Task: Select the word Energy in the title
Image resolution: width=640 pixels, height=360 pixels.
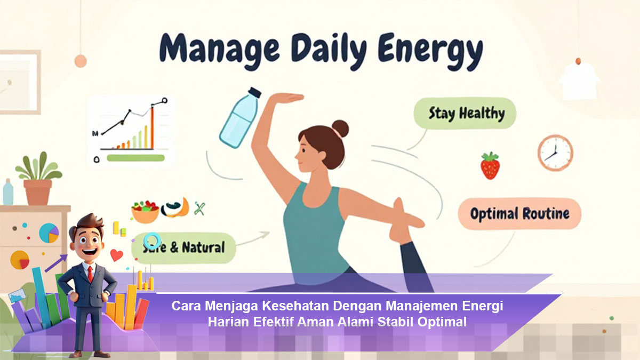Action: click(430, 51)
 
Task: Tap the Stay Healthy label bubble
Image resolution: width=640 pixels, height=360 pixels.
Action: click(465, 113)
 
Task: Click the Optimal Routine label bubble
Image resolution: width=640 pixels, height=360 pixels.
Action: click(519, 214)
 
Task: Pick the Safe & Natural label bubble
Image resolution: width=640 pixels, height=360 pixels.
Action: click(183, 247)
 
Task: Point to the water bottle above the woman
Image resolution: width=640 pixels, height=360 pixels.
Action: click(239, 117)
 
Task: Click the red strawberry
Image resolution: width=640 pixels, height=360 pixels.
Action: click(490, 166)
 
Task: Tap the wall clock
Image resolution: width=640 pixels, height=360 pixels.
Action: click(555, 153)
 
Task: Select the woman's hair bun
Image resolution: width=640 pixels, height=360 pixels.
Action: click(340, 129)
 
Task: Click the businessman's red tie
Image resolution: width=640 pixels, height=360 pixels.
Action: click(90, 274)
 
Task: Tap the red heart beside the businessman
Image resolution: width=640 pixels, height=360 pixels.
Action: click(117, 255)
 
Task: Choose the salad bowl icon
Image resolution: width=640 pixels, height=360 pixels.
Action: click(145, 211)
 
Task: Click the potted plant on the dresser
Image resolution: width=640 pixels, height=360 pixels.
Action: click(38, 178)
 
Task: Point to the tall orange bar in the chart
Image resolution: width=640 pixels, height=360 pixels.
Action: click(153, 127)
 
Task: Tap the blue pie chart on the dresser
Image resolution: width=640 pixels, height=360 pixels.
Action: click(49, 233)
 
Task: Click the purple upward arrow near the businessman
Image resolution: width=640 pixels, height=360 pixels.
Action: click(56, 263)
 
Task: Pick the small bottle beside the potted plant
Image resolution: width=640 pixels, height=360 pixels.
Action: click(8, 191)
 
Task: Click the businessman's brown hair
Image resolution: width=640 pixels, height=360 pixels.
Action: click(87, 223)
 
